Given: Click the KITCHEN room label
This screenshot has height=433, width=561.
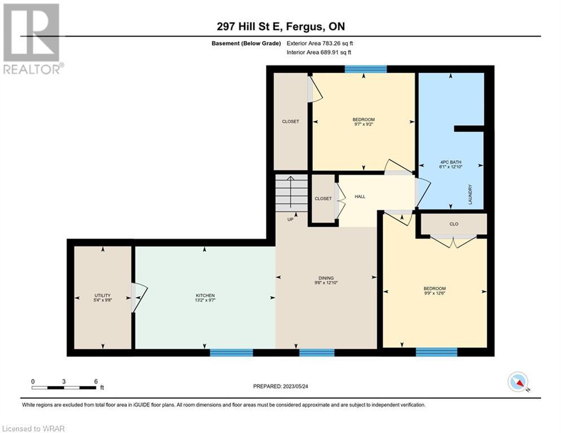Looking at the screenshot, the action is (205, 295).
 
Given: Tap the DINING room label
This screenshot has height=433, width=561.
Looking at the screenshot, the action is (326, 278).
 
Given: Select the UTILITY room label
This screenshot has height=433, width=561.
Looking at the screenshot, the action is (103, 295).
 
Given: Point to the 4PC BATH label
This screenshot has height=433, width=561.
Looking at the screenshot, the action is (451, 162).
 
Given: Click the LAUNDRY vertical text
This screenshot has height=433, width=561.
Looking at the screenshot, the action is (470, 195).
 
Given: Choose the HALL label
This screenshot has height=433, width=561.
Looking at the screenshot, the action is (360, 196).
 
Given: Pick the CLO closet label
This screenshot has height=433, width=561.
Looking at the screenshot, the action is (454, 224).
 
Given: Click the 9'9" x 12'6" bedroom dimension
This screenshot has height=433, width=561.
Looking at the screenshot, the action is (435, 293).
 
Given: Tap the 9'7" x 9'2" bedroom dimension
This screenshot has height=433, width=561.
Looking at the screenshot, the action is (364, 124).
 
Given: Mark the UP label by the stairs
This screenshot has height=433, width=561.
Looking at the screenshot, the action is (290, 219).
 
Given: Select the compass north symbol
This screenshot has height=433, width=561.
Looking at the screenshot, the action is (518, 382).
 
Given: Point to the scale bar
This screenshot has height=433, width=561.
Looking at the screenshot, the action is (64, 387).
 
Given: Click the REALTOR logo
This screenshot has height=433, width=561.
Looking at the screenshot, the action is (32, 39).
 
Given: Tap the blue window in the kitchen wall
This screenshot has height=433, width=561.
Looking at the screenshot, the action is (231, 353).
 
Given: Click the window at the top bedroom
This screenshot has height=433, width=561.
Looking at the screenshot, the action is (366, 69).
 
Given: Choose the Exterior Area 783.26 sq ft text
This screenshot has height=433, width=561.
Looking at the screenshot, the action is (320, 43).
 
